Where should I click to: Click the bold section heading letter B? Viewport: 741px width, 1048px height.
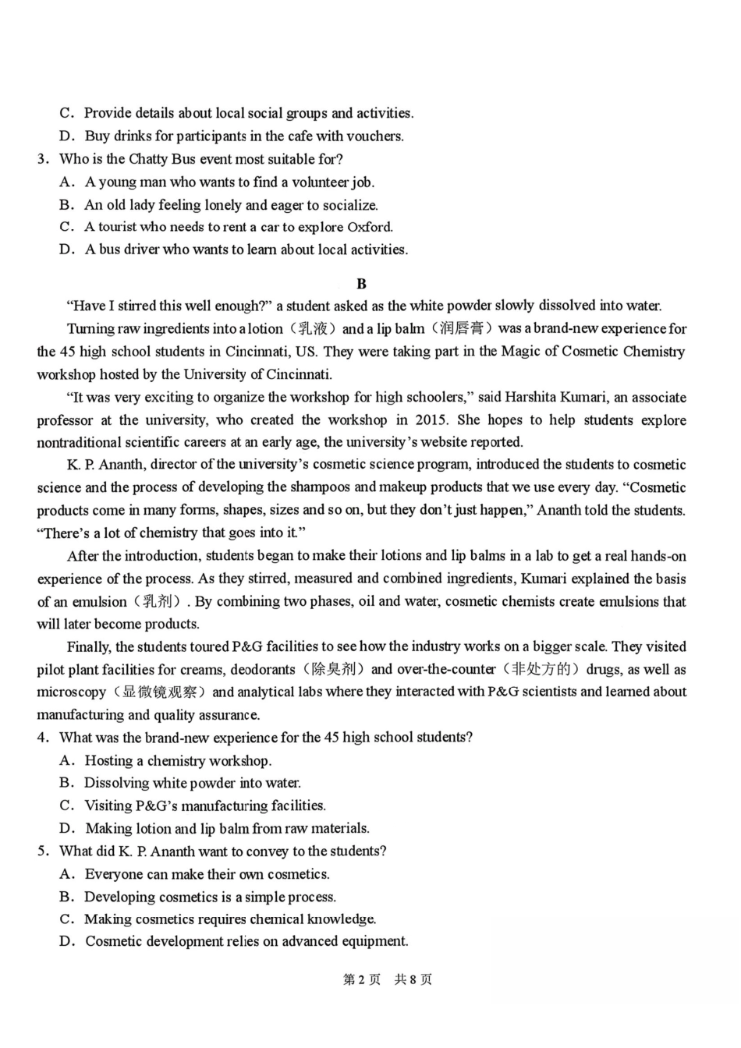tap(360, 284)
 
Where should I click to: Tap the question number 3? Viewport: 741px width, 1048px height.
tap(42, 159)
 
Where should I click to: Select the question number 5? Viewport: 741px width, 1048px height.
tap(42, 851)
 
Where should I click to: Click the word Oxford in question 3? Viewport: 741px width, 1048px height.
tap(369, 227)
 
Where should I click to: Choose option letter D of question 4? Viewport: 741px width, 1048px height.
tap(67, 828)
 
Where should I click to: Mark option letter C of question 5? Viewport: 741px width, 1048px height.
tap(67, 919)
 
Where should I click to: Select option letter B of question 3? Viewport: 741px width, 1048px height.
tap(67, 205)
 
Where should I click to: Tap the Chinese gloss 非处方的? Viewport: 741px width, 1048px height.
tap(541, 669)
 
